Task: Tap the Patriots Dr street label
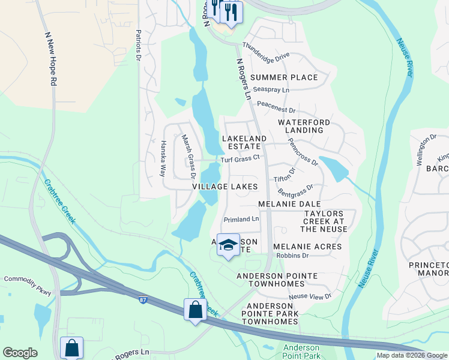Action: pos(138,45)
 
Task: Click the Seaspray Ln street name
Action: pos(271,90)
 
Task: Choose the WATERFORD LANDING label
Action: pos(304,126)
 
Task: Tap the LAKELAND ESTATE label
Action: pos(244,142)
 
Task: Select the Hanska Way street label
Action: pos(162,158)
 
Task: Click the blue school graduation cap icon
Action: pos(228,244)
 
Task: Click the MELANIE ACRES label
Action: pos(307,247)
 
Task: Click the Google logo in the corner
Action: pos(20,352)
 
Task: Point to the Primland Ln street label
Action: pos(241,219)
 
